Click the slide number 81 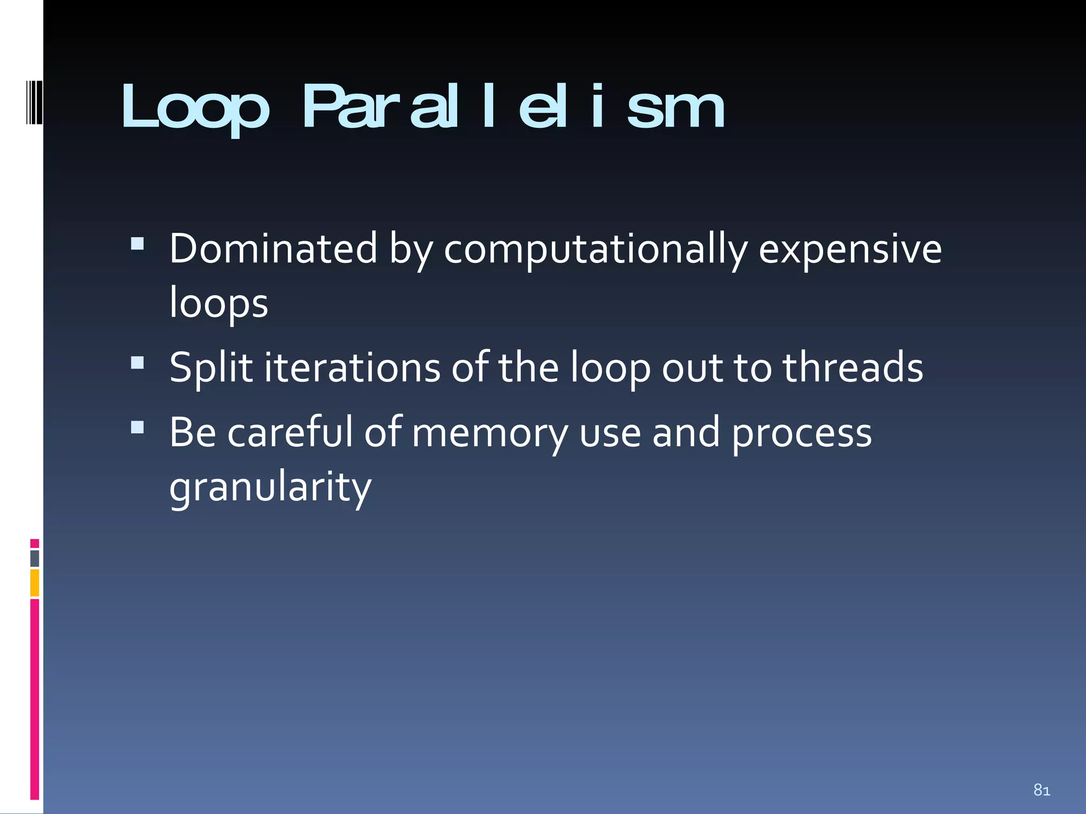tap(1041, 790)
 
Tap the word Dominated tap(273, 249)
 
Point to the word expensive tap(850, 249)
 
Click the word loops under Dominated tap(218, 304)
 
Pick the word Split tap(211, 368)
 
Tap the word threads tap(853, 368)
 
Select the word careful tap(290, 432)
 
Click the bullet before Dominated tap(137, 243)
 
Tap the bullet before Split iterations tap(137, 362)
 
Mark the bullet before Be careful tap(137, 427)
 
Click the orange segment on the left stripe tap(34, 583)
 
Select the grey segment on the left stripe tap(34, 559)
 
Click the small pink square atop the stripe tap(34, 543)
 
